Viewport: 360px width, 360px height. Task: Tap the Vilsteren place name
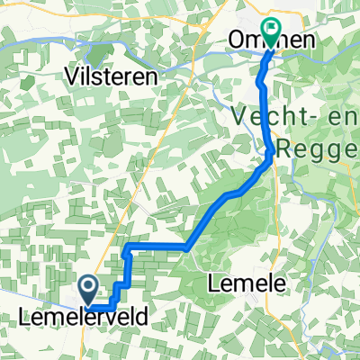pos(112,77)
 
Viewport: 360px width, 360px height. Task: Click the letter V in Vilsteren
pos(72,77)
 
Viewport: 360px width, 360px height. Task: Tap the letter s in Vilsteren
pos(99,77)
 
